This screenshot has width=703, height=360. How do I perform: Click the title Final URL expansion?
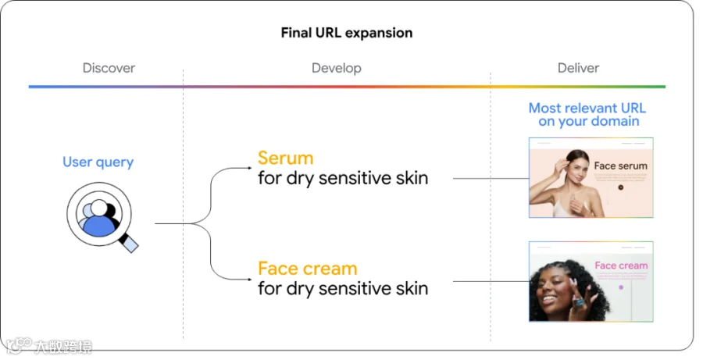click(347, 33)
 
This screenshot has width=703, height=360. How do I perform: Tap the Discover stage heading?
click(109, 68)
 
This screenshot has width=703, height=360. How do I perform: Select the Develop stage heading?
click(336, 68)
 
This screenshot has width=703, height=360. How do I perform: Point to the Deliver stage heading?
click(578, 68)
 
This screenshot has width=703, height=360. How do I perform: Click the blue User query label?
click(98, 162)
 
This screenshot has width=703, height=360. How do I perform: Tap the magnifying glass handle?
click(129, 243)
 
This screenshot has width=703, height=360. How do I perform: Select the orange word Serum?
click(285, 159)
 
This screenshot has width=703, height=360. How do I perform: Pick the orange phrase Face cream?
click(308, 269)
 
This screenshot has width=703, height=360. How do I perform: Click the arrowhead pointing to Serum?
click(250, 168)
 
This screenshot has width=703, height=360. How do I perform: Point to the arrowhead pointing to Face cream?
click(250, 280)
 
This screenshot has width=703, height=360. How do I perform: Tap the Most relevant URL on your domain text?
click(587, 114)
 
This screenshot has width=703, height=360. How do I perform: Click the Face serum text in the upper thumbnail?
click(620, 166)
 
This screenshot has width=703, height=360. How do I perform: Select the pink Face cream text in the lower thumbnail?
click(621, 266)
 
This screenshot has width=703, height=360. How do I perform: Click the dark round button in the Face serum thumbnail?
click(621, 187)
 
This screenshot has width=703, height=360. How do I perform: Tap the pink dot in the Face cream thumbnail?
click(621, 287)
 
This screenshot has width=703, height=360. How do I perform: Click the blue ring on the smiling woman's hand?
click(580, 302)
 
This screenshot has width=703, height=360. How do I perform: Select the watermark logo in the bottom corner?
click(48, 346)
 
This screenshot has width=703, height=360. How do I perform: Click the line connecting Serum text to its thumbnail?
click(491, 178)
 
